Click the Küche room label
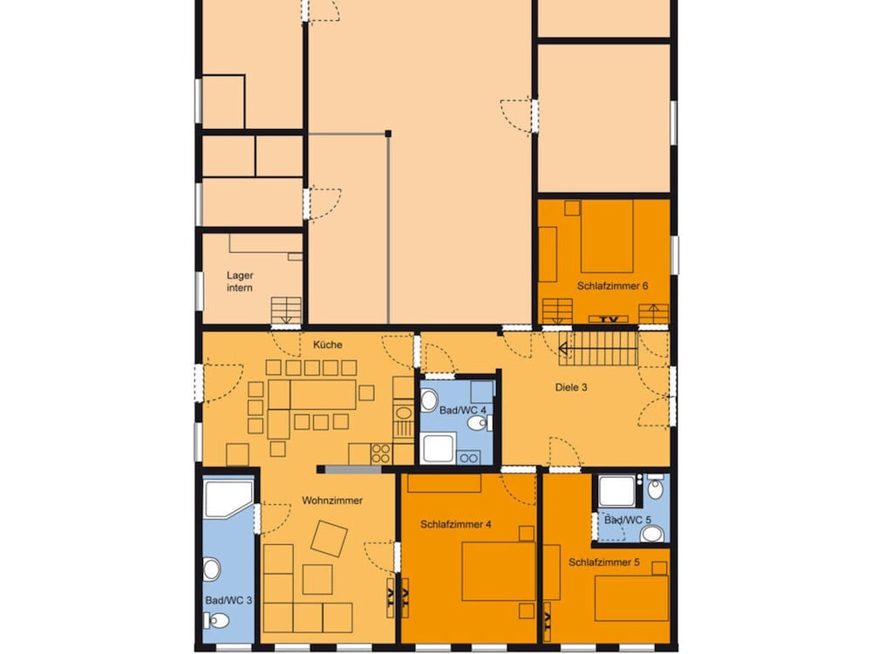point(328,344)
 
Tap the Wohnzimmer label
point(332,501)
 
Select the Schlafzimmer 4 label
point(455,524)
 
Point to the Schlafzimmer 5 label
point(604,562)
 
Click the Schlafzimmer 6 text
point(612,286)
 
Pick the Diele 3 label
point(571,387)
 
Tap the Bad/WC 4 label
point(463,411)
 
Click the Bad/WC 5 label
point(627,521)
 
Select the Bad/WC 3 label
point(228,601)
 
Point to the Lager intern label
point(240,282)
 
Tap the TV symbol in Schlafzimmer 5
point(547,619)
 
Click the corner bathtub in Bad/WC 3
point(228,499)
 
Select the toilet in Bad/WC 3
point(217,620)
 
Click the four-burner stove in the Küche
point(381,453)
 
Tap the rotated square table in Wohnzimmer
point(329,538)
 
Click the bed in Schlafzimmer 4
point(499,572)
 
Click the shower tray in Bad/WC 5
point(617,492)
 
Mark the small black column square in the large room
point(388,133)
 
